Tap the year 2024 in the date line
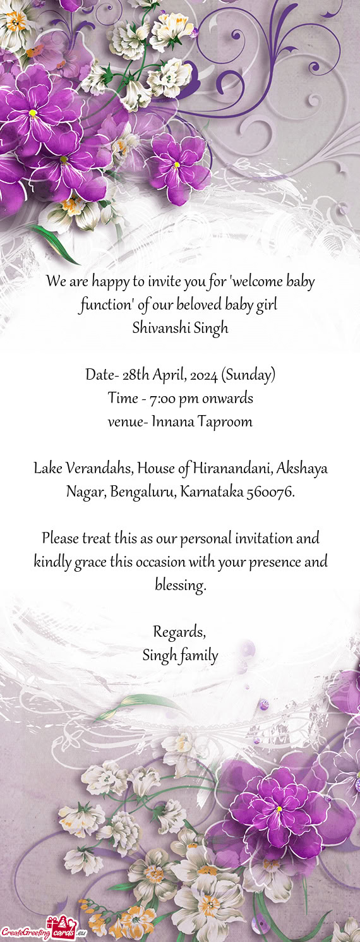point(204,375)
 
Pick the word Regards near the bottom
point(179,632)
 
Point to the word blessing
point(180,586)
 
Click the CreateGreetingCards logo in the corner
point(44,931)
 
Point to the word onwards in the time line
point(229,399)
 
